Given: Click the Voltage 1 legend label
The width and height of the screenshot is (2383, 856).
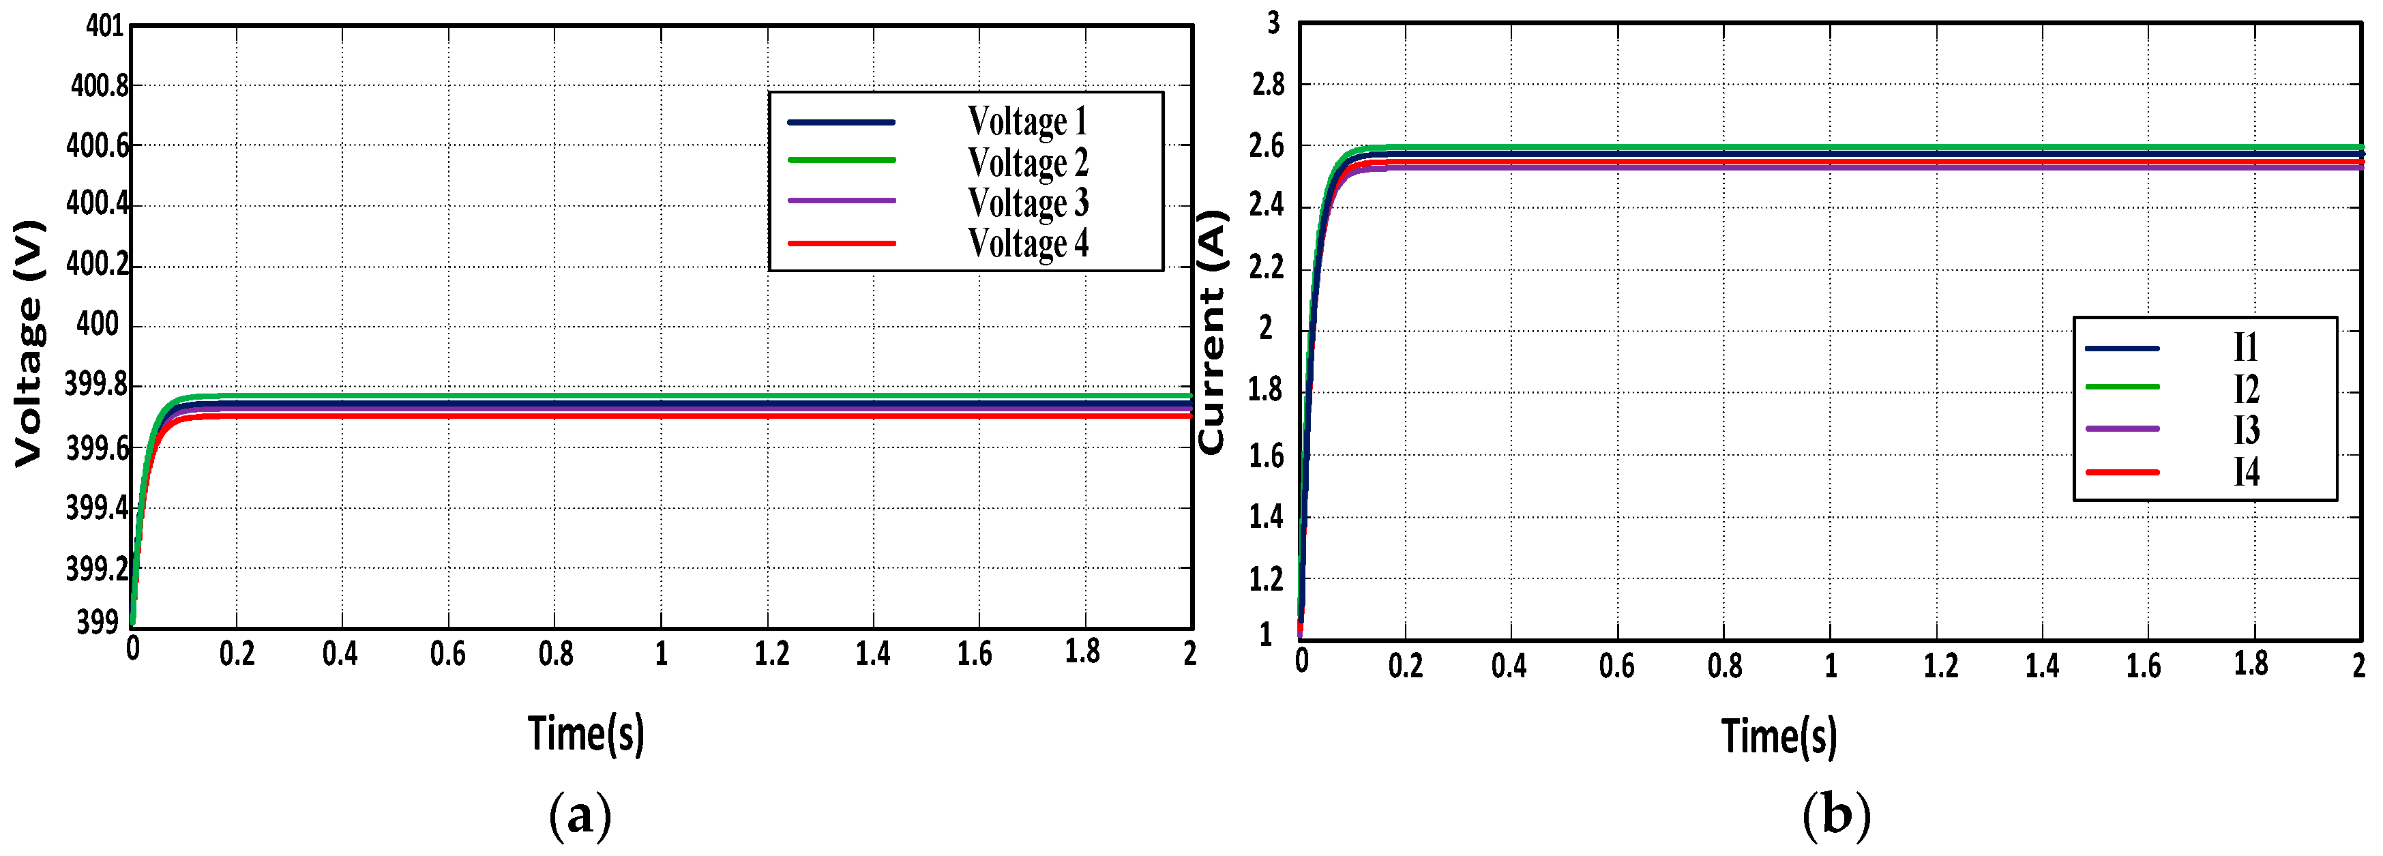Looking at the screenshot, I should pos(1027,121).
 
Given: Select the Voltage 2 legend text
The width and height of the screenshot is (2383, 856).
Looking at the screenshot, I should pos(1028,162).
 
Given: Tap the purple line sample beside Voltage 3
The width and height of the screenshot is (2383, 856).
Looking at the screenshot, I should pos(841,201).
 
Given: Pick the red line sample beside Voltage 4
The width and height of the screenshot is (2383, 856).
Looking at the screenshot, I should pos(841,243).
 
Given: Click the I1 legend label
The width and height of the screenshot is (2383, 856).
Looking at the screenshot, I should pos(2246,348).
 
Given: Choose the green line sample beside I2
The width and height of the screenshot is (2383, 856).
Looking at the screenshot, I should pos(2122,387).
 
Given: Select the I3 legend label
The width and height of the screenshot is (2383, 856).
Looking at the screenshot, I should pos(2246,430).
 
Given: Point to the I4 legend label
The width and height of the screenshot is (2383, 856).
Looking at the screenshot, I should pos(2246,472).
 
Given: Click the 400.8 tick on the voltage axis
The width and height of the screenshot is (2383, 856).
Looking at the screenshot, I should pos(99,86).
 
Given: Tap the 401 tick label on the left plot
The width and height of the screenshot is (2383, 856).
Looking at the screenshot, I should pos(104,26).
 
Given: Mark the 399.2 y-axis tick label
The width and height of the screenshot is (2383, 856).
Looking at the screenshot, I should pos(96,569).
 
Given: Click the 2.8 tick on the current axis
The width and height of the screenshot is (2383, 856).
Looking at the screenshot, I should pos(1267,84).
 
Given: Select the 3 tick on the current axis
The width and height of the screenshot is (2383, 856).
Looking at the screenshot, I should pos(1274,23).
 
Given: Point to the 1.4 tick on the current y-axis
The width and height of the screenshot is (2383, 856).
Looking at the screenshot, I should pos(1266,517).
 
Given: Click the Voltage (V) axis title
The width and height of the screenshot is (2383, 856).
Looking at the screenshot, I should pos(29,343).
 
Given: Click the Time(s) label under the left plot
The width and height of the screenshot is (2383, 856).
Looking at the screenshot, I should pos(586,734).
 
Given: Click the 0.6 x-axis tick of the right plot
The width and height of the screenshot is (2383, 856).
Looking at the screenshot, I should pos(1616,666).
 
